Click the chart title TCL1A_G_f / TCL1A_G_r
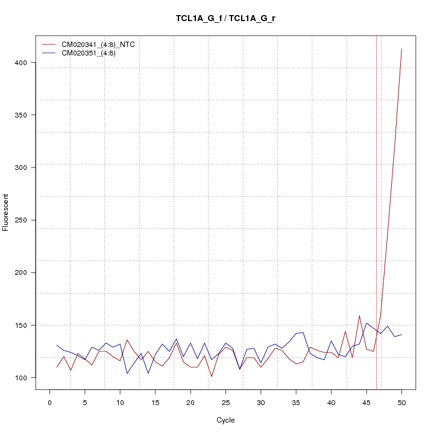pos(225,18)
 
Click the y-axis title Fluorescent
pos(7,212)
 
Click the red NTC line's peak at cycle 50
pos(401,49)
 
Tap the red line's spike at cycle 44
pos(359,316)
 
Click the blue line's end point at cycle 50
pos(401,335)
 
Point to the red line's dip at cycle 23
pos(212,377)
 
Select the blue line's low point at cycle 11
pos(127,373)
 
